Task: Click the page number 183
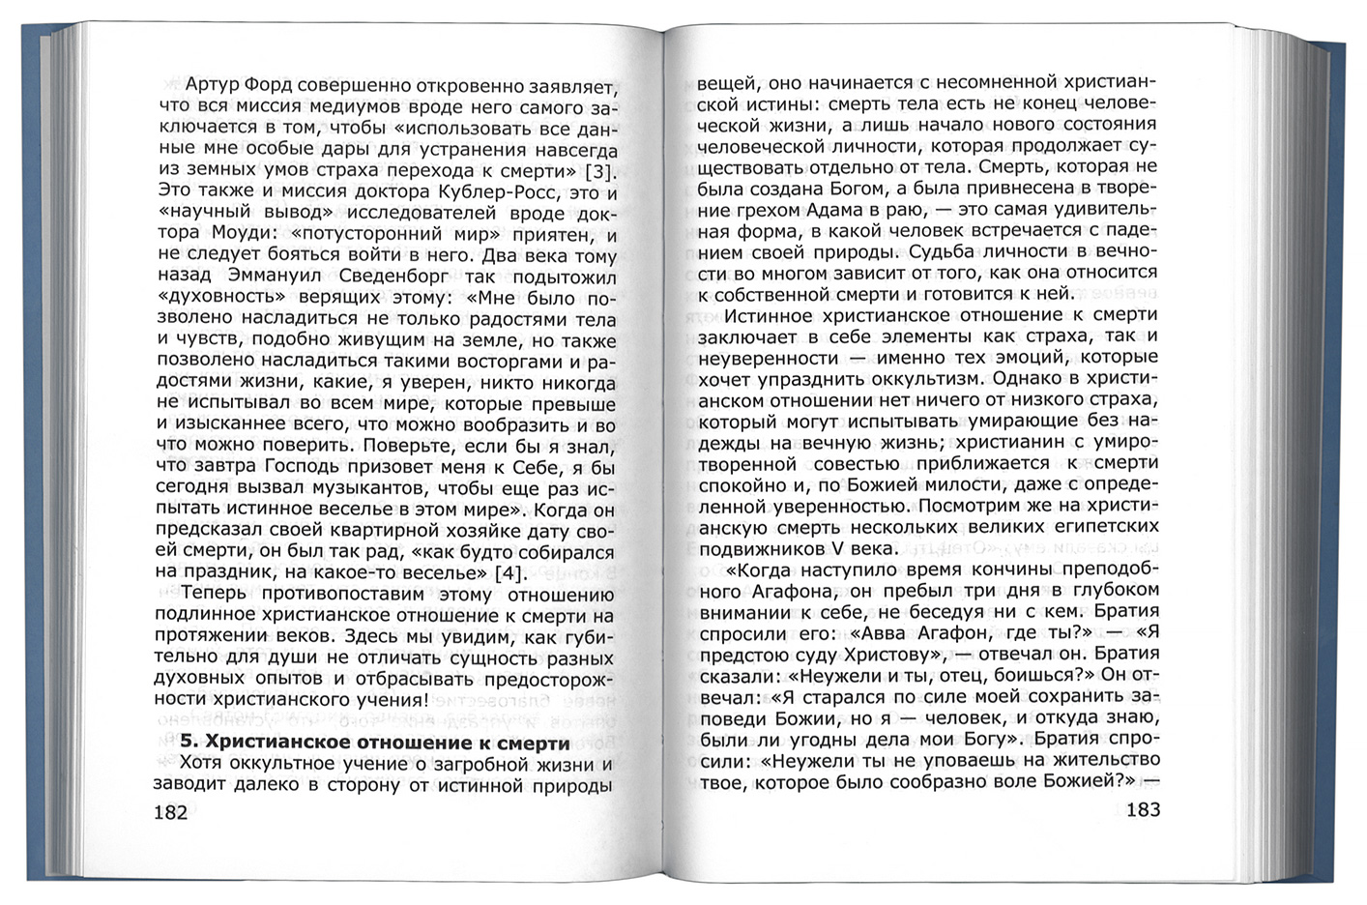point(1135,809)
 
